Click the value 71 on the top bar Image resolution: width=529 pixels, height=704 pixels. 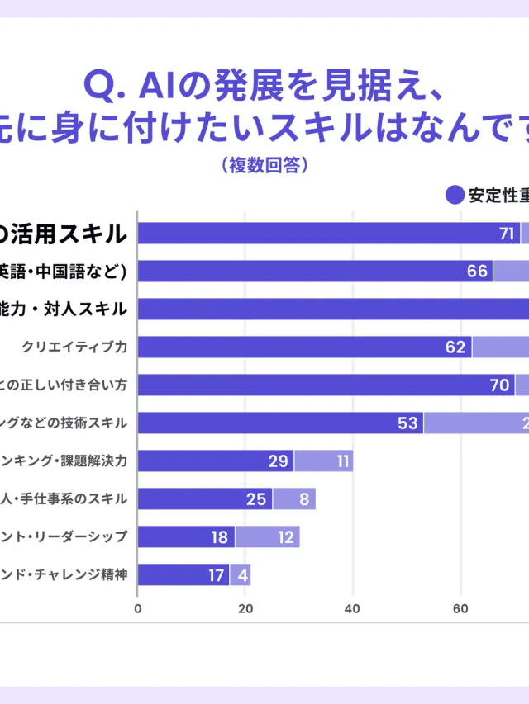(x=507, y=234)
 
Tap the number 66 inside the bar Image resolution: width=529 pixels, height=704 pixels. (x=478, y=272)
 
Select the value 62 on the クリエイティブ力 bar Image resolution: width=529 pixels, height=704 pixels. (x=455, y=347)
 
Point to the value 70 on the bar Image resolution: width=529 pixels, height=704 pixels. (x=499, y=385)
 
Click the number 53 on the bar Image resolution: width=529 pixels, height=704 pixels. (x=407, y=423)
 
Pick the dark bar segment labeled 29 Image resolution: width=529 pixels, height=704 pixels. (x=216, y=461)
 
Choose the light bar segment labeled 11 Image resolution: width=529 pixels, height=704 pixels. (x=324, y=461)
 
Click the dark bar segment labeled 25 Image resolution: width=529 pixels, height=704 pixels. (x=205, y=499)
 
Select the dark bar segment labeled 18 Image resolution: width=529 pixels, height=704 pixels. (x=186, y=537)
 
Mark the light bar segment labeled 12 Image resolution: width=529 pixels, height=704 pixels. (x=267, y=537)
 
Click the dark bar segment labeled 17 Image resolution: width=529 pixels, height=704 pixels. (x=183, y=575)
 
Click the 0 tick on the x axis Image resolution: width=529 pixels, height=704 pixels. (x=137, y=609)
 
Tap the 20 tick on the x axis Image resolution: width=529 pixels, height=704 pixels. (x=245, y=609)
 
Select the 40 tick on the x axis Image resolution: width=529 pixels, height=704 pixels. (x=353, y=609)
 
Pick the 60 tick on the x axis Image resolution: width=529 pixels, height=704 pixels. (x=461, y=609)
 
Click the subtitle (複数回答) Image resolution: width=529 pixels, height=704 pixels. (x=264, y=165)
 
